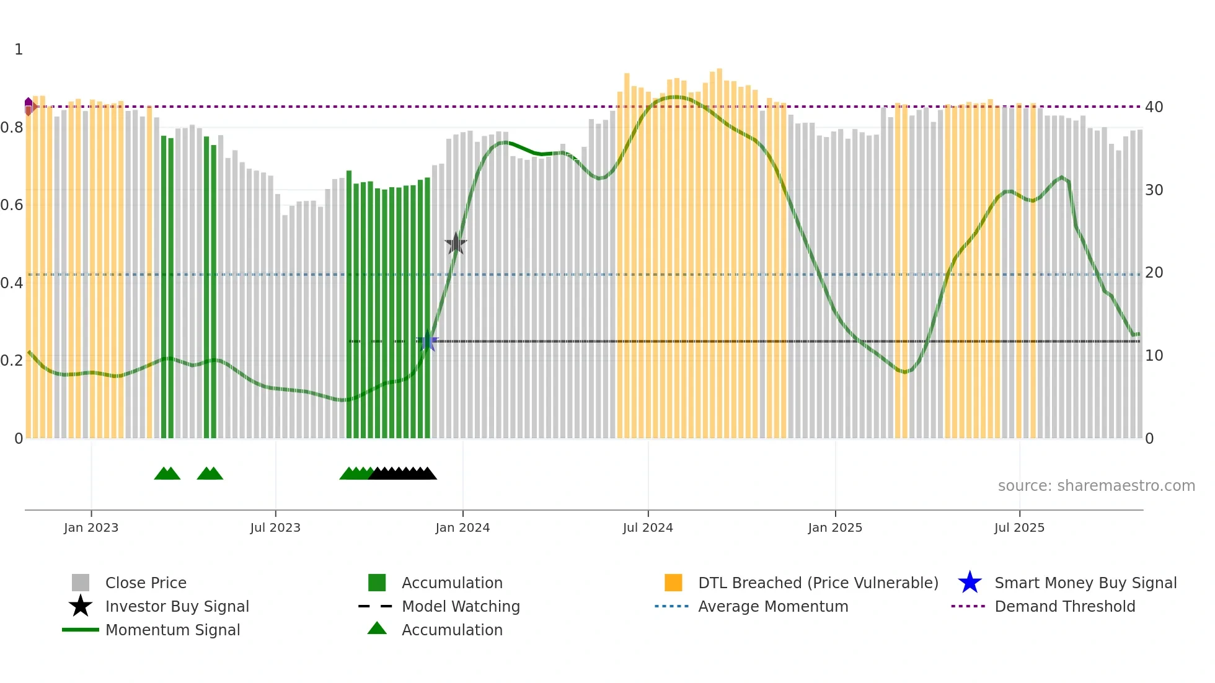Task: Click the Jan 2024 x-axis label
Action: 462,527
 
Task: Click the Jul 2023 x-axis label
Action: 275,527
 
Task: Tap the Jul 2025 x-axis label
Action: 1019,527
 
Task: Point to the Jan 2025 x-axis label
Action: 835,527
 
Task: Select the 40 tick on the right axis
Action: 1154,107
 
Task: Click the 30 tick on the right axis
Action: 1154,190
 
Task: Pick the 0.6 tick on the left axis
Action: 12,205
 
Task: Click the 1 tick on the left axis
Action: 19,50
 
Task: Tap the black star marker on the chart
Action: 456,244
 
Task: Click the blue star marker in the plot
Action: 427,340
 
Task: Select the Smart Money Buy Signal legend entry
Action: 1085,583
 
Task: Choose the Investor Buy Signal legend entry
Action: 177,606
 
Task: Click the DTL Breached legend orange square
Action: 673,583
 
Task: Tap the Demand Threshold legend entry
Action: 1064,606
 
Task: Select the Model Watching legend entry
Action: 460,606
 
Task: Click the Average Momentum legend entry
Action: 772,606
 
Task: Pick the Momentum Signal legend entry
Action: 172,630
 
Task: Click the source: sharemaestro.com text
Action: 1096,486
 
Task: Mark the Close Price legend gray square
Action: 81,583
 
